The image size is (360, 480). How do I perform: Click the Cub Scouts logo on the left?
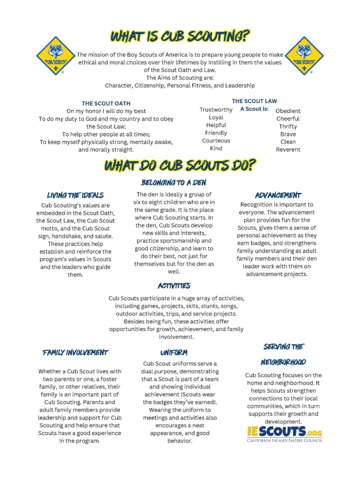pos(55,56)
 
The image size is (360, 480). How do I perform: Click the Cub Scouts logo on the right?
pos(304,56)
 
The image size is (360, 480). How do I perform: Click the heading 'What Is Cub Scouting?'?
pos(180,36)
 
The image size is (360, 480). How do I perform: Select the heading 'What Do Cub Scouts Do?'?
pos(180,165)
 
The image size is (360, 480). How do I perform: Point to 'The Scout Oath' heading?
pos(106,103)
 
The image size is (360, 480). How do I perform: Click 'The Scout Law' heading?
pos(254,101)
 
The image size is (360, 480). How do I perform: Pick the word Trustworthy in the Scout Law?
pos(216,110)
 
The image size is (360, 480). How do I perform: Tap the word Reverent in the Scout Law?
pos(288,150)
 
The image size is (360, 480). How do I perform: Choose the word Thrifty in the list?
pos(288,127)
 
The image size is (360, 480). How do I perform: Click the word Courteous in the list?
pos(216,141)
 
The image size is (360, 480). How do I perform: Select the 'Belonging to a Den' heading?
pos(173,182)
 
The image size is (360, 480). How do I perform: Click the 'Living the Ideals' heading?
pos(75,195)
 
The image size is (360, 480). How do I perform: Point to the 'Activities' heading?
pos(174,285)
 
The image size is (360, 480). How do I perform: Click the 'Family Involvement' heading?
pos(75,352)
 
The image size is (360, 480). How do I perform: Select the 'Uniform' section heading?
pos(173,352)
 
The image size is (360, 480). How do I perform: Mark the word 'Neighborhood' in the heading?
pos(284,362)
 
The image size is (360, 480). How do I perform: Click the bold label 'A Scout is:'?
pos(254,109)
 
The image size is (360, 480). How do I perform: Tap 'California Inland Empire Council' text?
pos(285,440)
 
